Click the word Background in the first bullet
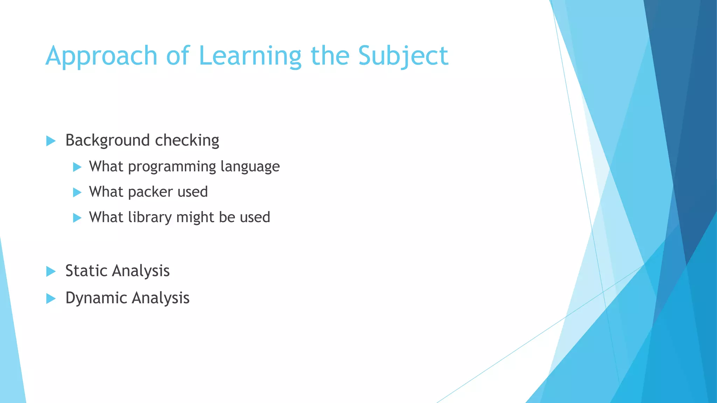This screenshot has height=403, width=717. click(x=107, y=141)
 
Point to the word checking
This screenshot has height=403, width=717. click(x=187, y=141)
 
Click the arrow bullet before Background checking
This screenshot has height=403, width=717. click(x=51, y=141)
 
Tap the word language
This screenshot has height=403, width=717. click(x=250, y=167)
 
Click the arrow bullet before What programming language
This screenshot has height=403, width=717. click(x=77, y=167)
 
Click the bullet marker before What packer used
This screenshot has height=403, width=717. click(x=77, y=192)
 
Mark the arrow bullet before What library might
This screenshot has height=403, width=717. click(x=77, y=218)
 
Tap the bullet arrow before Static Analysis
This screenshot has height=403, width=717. click(x=51, y=271)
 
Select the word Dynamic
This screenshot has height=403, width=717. click(x=96, y=298)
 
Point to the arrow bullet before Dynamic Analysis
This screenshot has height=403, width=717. click(x=51, y=299)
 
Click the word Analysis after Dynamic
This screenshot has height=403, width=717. click(x=161, y=298)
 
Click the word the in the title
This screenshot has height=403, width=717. click(x=330, y=56)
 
